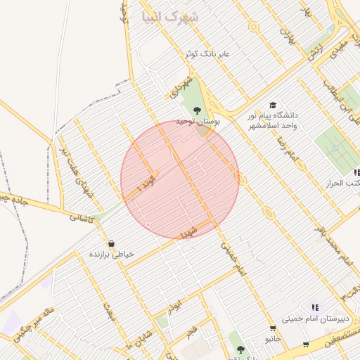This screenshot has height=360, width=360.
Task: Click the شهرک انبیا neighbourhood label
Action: click(x=170, y=15)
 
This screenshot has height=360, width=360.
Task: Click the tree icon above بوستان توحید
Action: click(x=196, y=110)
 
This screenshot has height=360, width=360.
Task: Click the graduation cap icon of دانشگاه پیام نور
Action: click(x=273, y=105)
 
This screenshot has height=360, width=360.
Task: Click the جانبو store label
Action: click(x=273, y=339)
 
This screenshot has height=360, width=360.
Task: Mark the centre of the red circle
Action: click(x=180, y=179)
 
